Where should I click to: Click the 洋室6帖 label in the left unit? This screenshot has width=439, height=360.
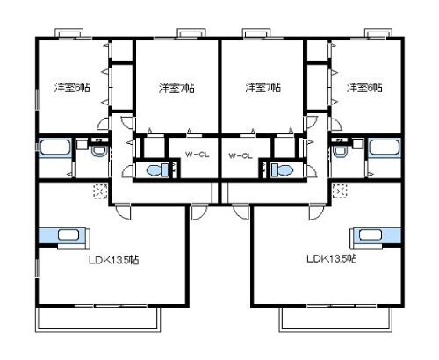coord(71,87)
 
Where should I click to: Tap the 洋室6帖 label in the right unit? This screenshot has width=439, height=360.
coord(363,87)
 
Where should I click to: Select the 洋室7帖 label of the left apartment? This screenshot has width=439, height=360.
coord(176,87)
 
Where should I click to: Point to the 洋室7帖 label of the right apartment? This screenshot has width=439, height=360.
coord(263,87)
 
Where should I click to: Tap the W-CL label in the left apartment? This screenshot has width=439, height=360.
coord(196,155)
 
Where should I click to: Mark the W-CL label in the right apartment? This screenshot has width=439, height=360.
coord(240,155)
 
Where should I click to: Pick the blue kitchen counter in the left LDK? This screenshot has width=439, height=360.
coord(58,234)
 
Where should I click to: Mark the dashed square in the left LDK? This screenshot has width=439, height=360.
coord(98,191)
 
